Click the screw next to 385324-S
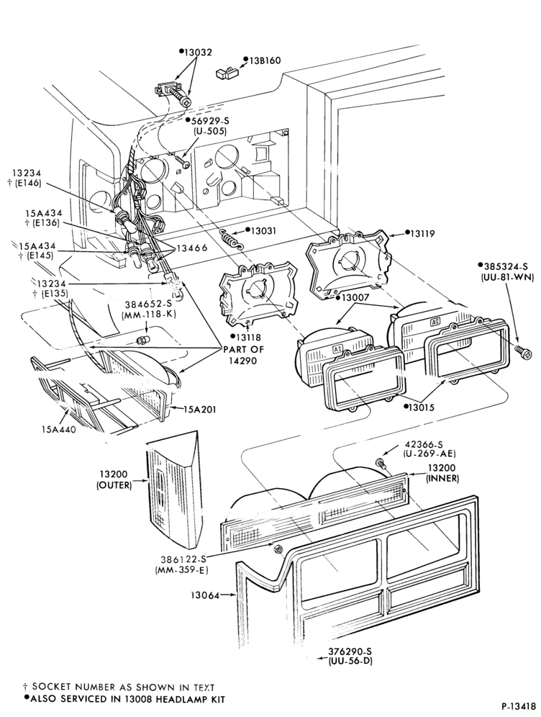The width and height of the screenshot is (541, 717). coord(523,352)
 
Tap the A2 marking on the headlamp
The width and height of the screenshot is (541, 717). coord(435,322)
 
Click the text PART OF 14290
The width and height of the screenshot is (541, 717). coord(244,354)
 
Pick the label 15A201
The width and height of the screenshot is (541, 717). coord(200,410)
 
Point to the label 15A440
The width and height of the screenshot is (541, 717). coord(58,429)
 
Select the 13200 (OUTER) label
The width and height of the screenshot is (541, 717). coord(114,479)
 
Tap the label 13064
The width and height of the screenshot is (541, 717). coord(204,595)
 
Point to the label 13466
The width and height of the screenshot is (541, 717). coord(192,248)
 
